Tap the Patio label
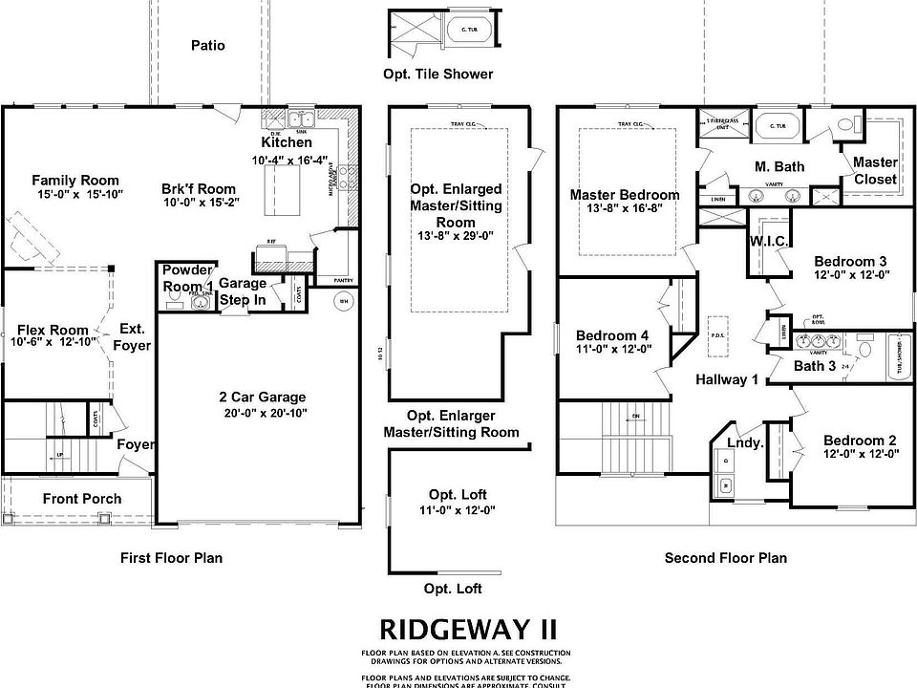tap(207, 45)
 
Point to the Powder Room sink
tap(201, 302)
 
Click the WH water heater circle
tap(342, 302)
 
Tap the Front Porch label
tap(82, 498)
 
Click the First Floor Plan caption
tap(171, 557)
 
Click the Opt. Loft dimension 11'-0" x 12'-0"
tap(457, 509)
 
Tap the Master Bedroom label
tap(625, 195)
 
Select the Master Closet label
tap(874, 170)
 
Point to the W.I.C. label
tap(769, 242)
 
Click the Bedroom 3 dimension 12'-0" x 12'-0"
tap(851, 274)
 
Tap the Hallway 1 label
tap(727, 379)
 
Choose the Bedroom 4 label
tap(612, 335)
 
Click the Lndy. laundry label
tap(746, 442)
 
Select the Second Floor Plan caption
tap(726, 557)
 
